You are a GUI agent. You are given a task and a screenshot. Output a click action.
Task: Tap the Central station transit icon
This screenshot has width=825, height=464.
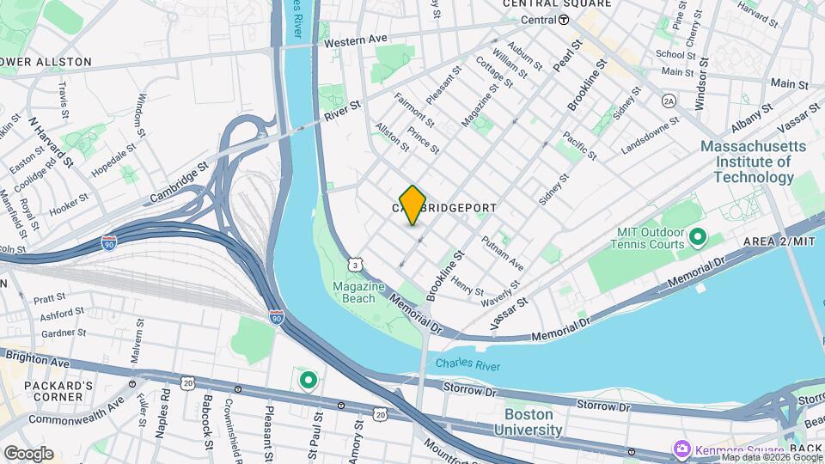[x=564, y=20]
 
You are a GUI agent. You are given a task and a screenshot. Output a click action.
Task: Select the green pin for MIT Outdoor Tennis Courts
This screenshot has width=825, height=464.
[x=697, y=235]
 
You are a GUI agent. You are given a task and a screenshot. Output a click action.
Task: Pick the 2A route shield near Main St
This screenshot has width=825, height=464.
[x=669, y=101]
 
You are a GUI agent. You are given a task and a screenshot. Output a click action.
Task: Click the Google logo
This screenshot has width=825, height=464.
[x=27, y=453]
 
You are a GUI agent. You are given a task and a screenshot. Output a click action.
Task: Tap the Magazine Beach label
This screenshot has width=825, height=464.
[x=354, y=292]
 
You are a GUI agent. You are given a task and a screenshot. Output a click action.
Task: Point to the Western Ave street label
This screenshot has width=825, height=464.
[x=355, y=40]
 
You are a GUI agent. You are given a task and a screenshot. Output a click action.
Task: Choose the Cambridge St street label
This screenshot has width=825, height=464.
[x=180, y=184]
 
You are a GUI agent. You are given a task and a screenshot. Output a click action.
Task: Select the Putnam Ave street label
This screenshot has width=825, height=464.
[x=503, y=253]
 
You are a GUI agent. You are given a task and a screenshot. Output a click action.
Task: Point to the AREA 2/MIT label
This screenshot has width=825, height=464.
[x=779, y=241]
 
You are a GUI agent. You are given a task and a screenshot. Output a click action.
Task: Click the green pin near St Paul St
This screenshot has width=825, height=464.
[x=308, y=378]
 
